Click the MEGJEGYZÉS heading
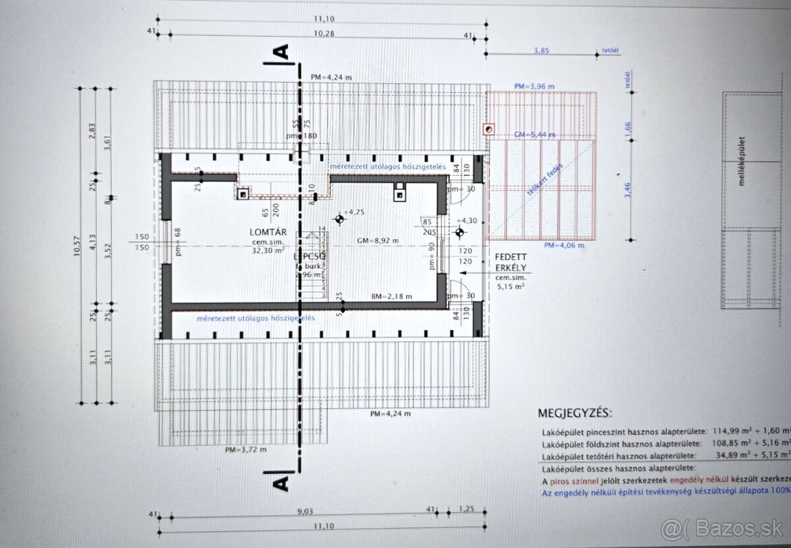point(574,414)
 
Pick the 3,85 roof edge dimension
point(541,50)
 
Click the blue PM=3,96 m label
point(535,86)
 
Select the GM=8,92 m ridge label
point(378,240)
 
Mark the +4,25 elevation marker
point(354,212)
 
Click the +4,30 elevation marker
point(469,221)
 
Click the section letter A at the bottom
point(281,482)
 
